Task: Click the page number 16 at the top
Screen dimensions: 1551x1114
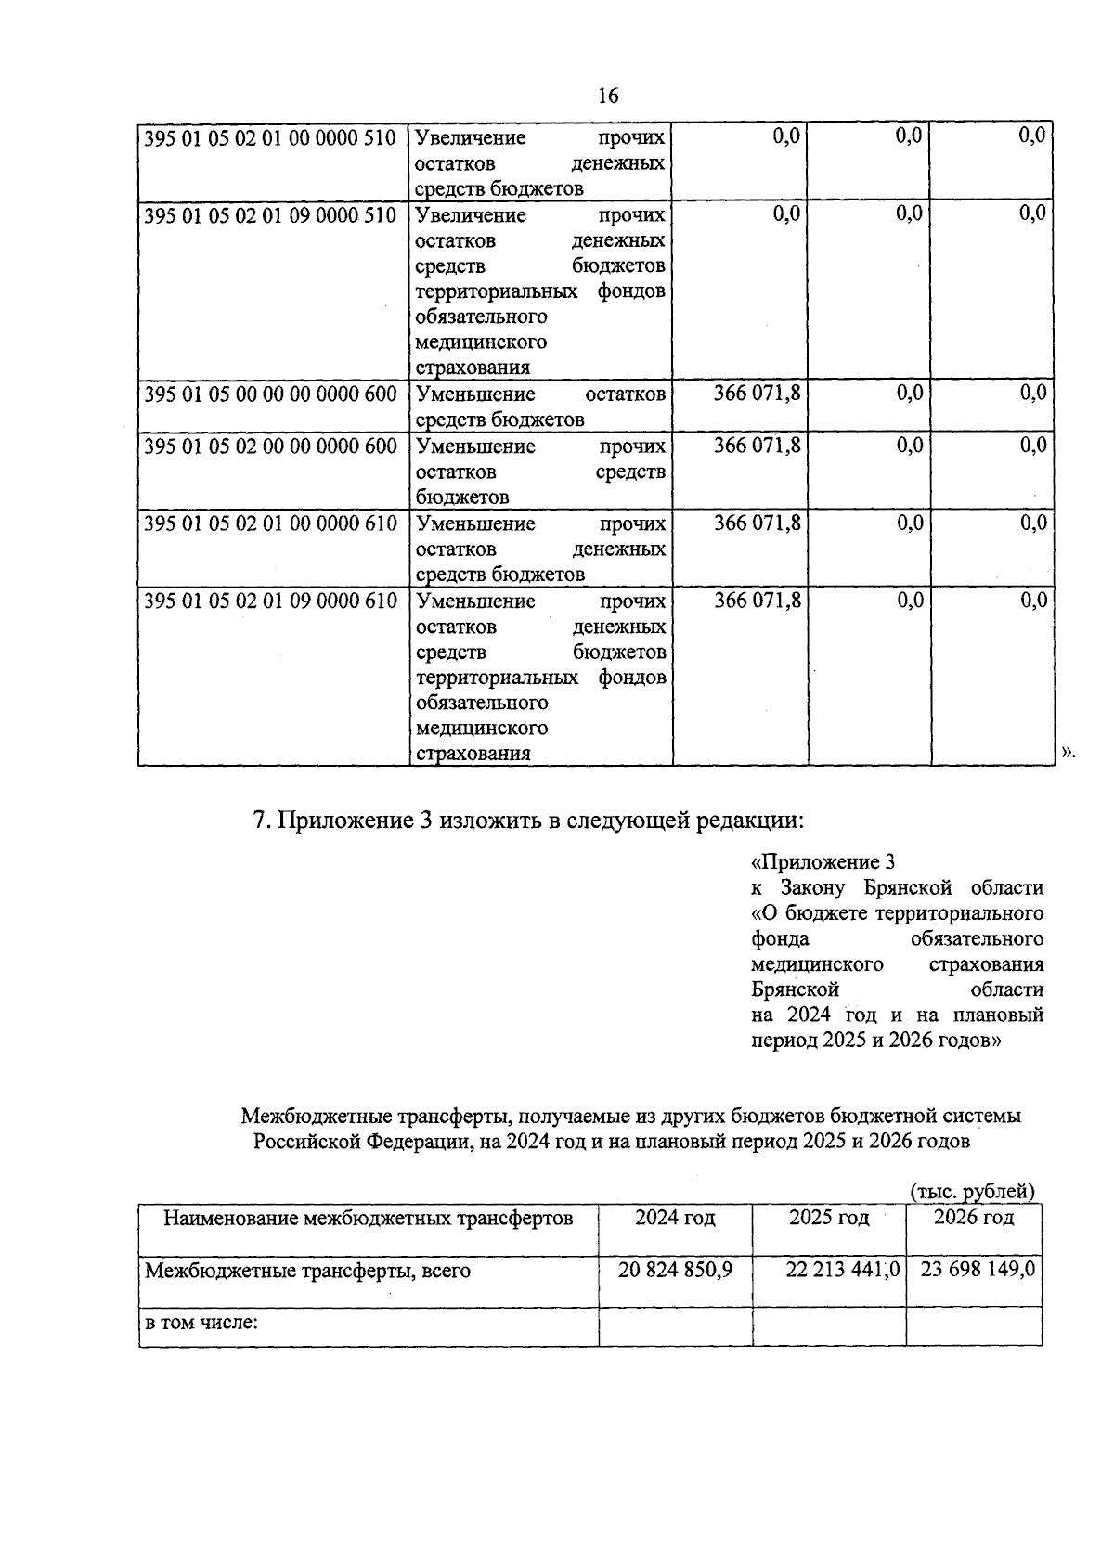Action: click(608, 96)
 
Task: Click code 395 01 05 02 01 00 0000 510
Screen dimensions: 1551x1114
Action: click(271, 138)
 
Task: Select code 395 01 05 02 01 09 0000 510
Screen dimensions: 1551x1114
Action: click(271, 215)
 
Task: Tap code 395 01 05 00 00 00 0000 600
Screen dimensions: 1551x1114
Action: click(271, 394)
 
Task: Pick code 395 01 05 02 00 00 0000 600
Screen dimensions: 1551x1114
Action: click(271, 446)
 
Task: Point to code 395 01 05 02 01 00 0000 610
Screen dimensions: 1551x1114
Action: click(271, 523)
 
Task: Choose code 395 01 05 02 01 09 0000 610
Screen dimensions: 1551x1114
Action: click(271, 601)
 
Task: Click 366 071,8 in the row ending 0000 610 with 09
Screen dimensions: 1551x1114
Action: click(757, 601)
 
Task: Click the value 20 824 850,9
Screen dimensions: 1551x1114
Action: click(675, 1269)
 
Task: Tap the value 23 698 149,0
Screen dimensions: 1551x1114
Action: click(978, 1269)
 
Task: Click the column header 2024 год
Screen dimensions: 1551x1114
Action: click(675, 1217)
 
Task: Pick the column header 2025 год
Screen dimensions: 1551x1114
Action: click(829, 1217)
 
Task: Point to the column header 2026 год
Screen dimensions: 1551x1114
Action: click(974, 1217)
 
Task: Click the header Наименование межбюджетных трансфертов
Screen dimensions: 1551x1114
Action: click(368, 1217)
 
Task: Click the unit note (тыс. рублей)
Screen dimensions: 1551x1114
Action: click(972, 1191)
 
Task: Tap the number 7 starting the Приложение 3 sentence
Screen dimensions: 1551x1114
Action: click(261, 821)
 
